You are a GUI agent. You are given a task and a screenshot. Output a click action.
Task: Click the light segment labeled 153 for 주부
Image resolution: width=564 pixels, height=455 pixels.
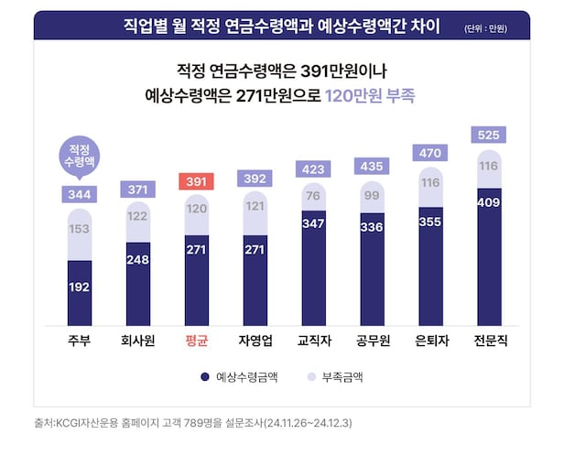point(79,229)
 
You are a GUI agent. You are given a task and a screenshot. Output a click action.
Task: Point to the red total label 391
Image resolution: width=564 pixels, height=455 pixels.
point(196,181)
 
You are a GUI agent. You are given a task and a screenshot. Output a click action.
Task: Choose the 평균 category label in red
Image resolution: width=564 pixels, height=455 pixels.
point(195,341)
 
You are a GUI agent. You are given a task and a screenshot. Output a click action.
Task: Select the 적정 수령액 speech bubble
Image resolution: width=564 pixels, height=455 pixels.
point(79,153)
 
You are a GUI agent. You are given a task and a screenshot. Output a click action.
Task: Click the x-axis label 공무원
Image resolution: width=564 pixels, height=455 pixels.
point(372,341)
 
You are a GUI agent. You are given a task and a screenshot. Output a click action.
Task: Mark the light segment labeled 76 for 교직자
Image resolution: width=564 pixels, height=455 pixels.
point(313,194)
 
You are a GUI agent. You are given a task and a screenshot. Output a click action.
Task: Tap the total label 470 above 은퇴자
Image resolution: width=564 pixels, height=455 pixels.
point(430,154)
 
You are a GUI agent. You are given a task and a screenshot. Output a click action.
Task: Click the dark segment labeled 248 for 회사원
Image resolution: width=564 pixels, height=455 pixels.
point(137,283)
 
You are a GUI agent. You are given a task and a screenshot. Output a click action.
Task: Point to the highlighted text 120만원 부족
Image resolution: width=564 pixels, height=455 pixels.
point(371,94)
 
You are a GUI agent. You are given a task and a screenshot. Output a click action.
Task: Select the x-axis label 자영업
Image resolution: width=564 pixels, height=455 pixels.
point(255,341)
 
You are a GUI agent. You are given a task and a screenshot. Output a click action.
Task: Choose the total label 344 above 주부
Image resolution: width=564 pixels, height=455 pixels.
point(79,194)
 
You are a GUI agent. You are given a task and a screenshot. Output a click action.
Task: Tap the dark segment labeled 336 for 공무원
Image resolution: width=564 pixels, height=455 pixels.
point(372,268)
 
